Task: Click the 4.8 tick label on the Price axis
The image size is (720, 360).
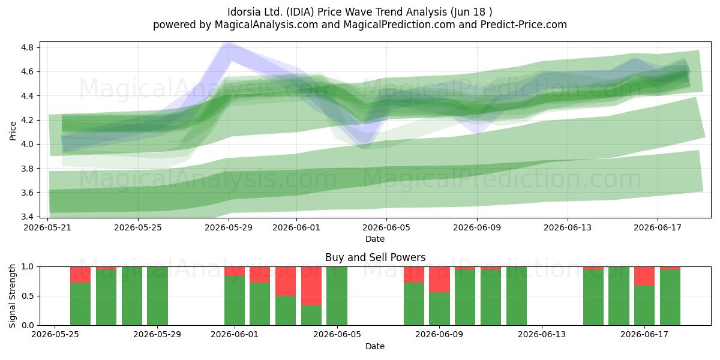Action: click(27, 47)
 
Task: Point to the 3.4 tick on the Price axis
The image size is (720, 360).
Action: click(27, 217)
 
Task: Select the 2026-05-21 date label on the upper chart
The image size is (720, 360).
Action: click(47, 227)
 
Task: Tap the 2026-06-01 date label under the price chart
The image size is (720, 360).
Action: click(296, 227)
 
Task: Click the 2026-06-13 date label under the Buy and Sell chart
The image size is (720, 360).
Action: click(542, 334)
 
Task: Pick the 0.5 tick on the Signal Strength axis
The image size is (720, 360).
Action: click(27, 296)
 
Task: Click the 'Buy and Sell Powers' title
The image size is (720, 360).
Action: click(375, 257)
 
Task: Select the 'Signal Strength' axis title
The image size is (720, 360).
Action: click(12, 296)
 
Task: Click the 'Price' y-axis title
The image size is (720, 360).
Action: click(13, 131)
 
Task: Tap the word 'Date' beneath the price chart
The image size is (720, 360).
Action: click(375, 239)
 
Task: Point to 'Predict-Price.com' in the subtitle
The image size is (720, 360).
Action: click(524, 25)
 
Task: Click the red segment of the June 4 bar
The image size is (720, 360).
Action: click(311, 286)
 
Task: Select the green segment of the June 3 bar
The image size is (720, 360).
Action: click(286, 311)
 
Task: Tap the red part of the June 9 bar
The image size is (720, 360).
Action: click(439, 280)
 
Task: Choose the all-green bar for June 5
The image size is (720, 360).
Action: click(337, 296)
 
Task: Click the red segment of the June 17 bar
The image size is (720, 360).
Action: click(644, 276)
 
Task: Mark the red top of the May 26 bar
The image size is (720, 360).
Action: click(80, 275)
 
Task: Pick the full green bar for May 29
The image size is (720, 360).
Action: click(157, 296)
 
